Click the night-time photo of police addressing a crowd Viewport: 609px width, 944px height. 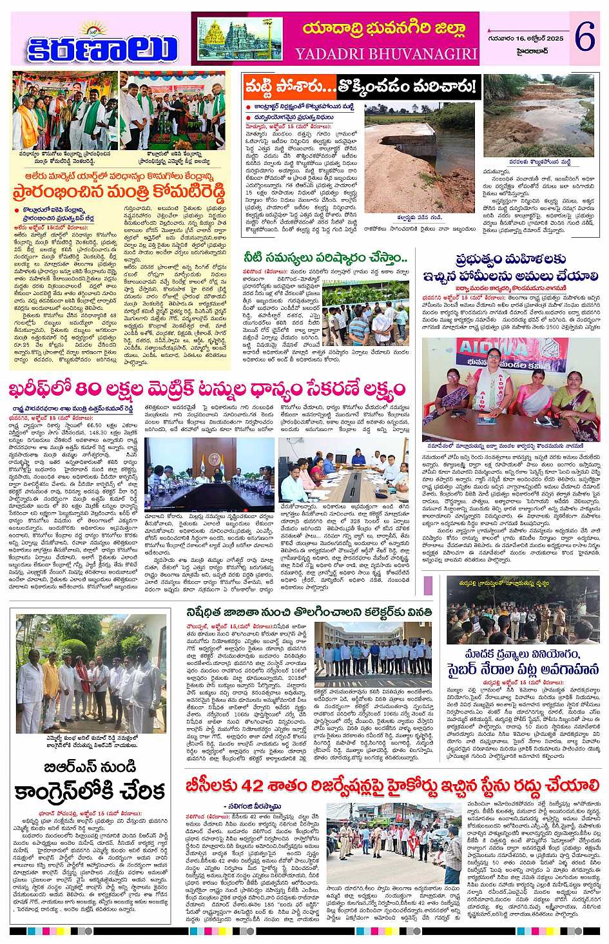coord(523,616)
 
